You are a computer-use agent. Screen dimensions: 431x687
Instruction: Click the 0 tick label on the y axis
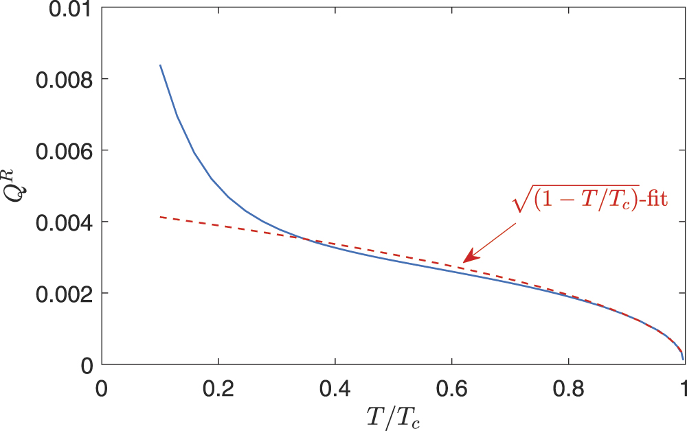click(85, 365)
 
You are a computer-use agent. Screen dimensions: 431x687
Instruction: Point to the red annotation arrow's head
click(464, 261)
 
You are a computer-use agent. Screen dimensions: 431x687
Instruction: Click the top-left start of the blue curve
click(160, 65)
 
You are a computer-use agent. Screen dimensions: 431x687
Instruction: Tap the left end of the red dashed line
click(160, 217)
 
